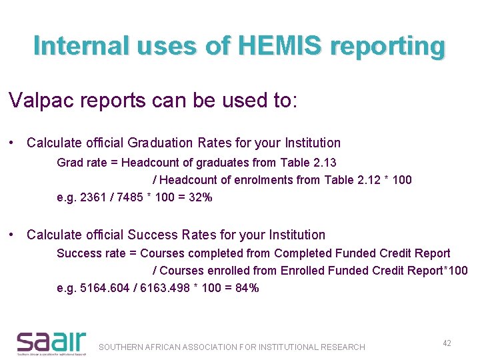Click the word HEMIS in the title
(x=273, y=46)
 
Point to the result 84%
(x=247, y=288)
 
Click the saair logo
(x=51, y=342)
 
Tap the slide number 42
(x=447, y=343)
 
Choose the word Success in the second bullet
(x=151, y=235)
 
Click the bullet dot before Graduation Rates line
(x=13, y=143)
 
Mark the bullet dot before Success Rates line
(x=13, y=235)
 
